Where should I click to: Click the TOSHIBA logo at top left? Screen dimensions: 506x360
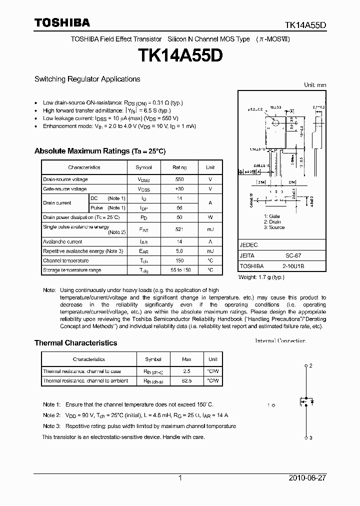click(61, 22)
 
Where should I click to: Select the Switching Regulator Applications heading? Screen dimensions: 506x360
click(87, 79)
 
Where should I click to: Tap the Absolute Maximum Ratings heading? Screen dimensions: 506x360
click(99, 151)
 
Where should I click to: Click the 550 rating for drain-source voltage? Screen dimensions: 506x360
click(179, 179)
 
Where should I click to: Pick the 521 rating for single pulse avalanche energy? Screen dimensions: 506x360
click(179, 229)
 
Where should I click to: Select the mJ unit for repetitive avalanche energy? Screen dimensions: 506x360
click(210, 251)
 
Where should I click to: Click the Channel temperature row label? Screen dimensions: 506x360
click(65, 260)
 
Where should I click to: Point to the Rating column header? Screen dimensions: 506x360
click(179, 167)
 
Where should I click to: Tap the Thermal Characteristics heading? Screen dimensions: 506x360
click(75, 343)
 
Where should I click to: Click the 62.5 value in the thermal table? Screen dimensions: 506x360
click(186, 380)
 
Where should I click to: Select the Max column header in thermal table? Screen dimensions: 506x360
click(186, 359)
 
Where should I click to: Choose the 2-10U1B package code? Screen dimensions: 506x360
click(293, 266)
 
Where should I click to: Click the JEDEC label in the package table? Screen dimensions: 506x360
click(248, 245)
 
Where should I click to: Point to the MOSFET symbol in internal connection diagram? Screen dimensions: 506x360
click(304, 400)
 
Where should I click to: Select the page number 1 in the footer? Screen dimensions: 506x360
click(180, 478)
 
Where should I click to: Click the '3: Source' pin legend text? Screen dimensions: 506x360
click(274, 227)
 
